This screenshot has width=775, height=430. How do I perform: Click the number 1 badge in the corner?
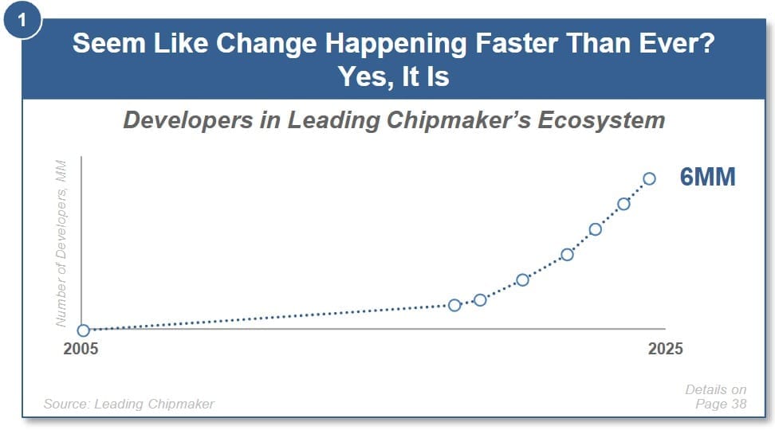click(x=22, y=20)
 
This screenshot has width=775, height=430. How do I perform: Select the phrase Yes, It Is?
click(x=394, y=76)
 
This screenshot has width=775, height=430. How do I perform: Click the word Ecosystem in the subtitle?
click(x=601, y=120)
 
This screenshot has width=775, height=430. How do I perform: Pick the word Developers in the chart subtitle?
click(x=188, y=120)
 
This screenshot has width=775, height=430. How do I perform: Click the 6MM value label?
click(x=708, y=177)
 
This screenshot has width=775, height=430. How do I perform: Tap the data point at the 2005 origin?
click(x=84, y=330)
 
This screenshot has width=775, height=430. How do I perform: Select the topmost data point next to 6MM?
click(x=650, y=178)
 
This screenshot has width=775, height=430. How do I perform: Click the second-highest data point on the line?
click(x=624, y=204)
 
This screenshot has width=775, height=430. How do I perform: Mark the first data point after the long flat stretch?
click(x=454, y=305)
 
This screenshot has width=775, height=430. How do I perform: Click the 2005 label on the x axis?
click(x=81, y=349)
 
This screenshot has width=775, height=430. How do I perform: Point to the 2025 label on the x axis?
click(x=665, y=349)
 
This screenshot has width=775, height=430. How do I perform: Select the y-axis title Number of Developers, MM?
click(x=61, y=244)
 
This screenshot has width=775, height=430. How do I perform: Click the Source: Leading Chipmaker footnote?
click(x=129, y=404)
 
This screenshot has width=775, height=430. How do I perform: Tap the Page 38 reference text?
click(x=721, y=404)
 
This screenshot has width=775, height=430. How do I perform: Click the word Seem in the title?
click(x=109, y=43)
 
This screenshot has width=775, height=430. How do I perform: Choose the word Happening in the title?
click(x=396, y=44)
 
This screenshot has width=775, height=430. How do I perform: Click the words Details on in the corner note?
click(x=716, y=389)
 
